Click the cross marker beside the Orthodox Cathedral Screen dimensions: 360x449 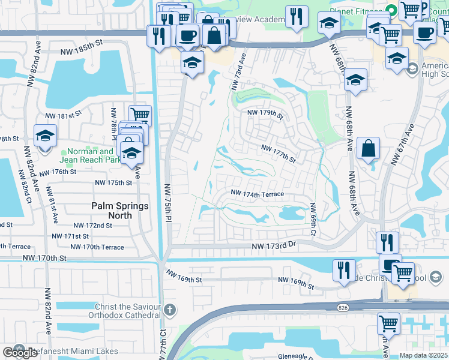170,310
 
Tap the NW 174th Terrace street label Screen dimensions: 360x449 258,194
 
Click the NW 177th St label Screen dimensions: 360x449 279,153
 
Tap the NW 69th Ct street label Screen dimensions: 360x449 313,219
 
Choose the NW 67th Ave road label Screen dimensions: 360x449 403,144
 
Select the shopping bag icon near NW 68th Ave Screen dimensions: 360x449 369,148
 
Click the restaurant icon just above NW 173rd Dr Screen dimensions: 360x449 387,242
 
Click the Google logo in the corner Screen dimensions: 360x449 20,353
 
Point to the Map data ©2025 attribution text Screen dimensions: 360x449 423,355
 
